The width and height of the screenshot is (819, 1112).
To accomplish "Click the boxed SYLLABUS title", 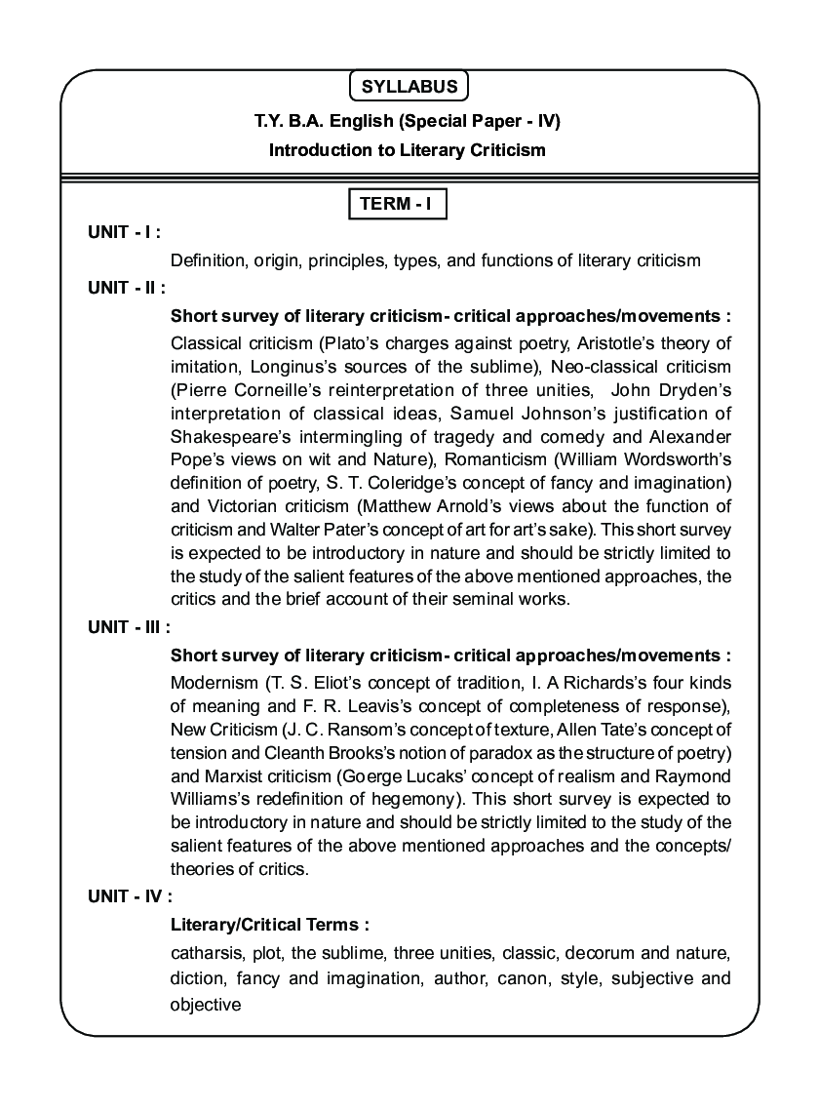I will (x=409, y=87).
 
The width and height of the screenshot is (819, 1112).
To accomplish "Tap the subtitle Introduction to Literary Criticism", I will (x=408, y=150).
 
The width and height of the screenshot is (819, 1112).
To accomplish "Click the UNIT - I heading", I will (x=124, y=232).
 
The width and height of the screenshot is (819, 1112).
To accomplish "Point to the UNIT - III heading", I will (x=129, y=627).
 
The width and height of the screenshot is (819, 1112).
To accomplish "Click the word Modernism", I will (x=213, y=683).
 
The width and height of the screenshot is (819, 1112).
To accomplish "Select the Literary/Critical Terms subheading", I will (x=270, y=924).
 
